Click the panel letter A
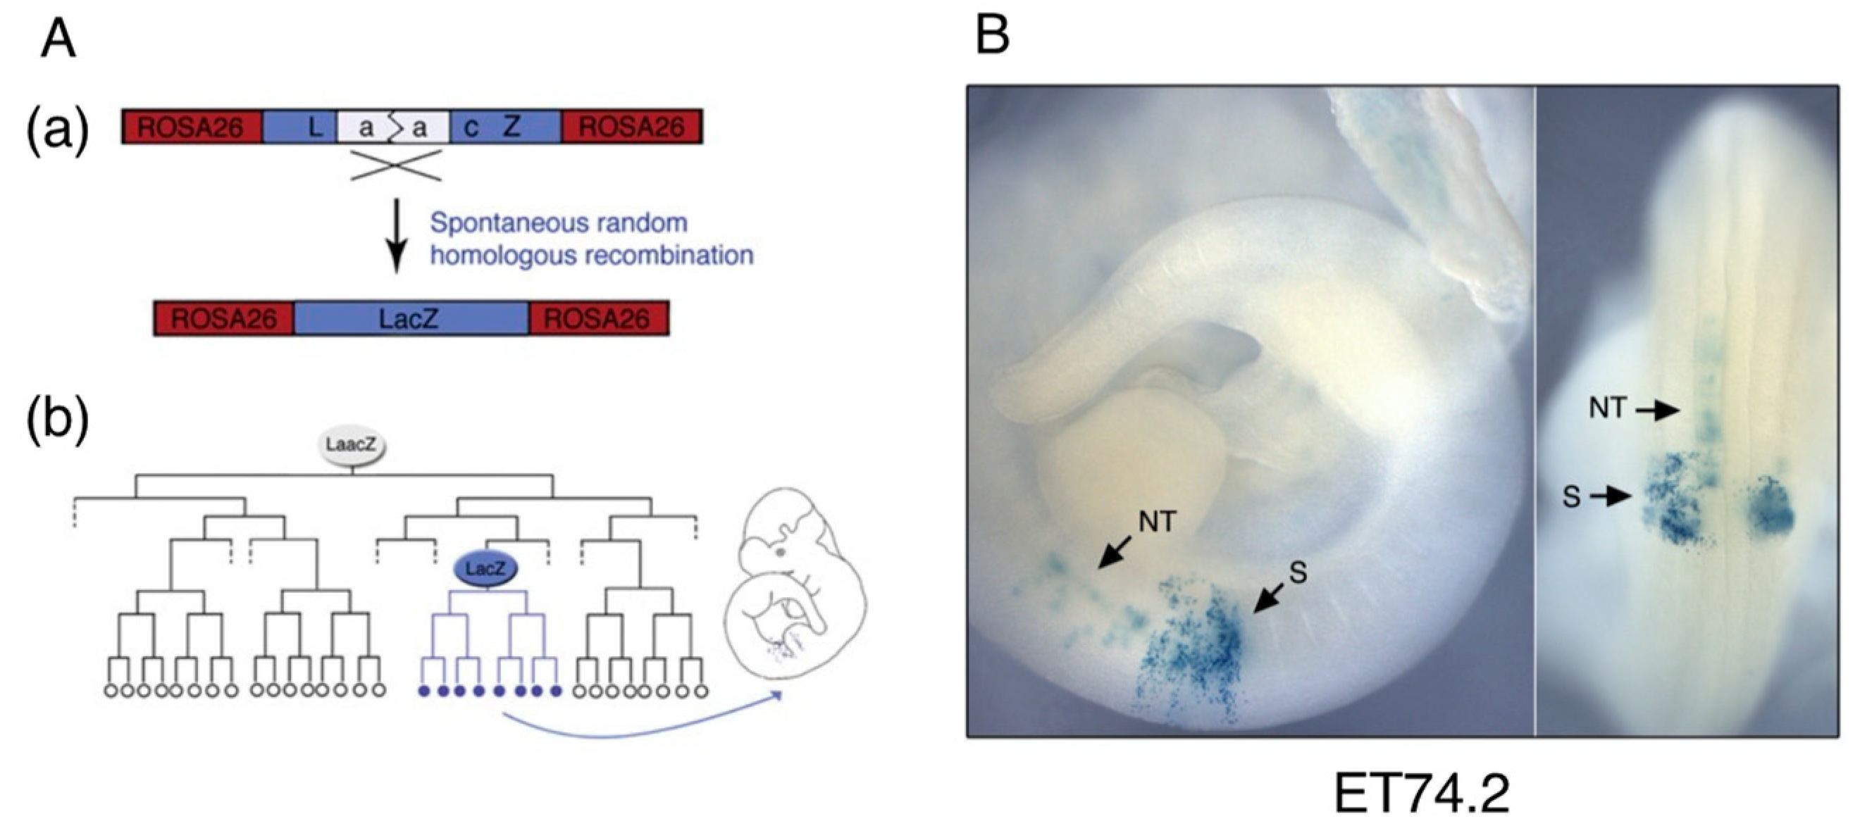point(58,39)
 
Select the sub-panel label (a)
point(58,128)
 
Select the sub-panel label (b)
point(58,420)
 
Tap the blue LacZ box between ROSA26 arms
point(411,318)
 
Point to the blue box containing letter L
point(299,127)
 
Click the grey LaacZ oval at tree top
point(351,446)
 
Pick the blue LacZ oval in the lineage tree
point(485,570)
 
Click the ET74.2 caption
point(1421,794)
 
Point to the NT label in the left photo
point(1158,521)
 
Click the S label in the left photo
point(1298,572)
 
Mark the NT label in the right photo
point(1606,408)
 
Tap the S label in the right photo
point(1571,496)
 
